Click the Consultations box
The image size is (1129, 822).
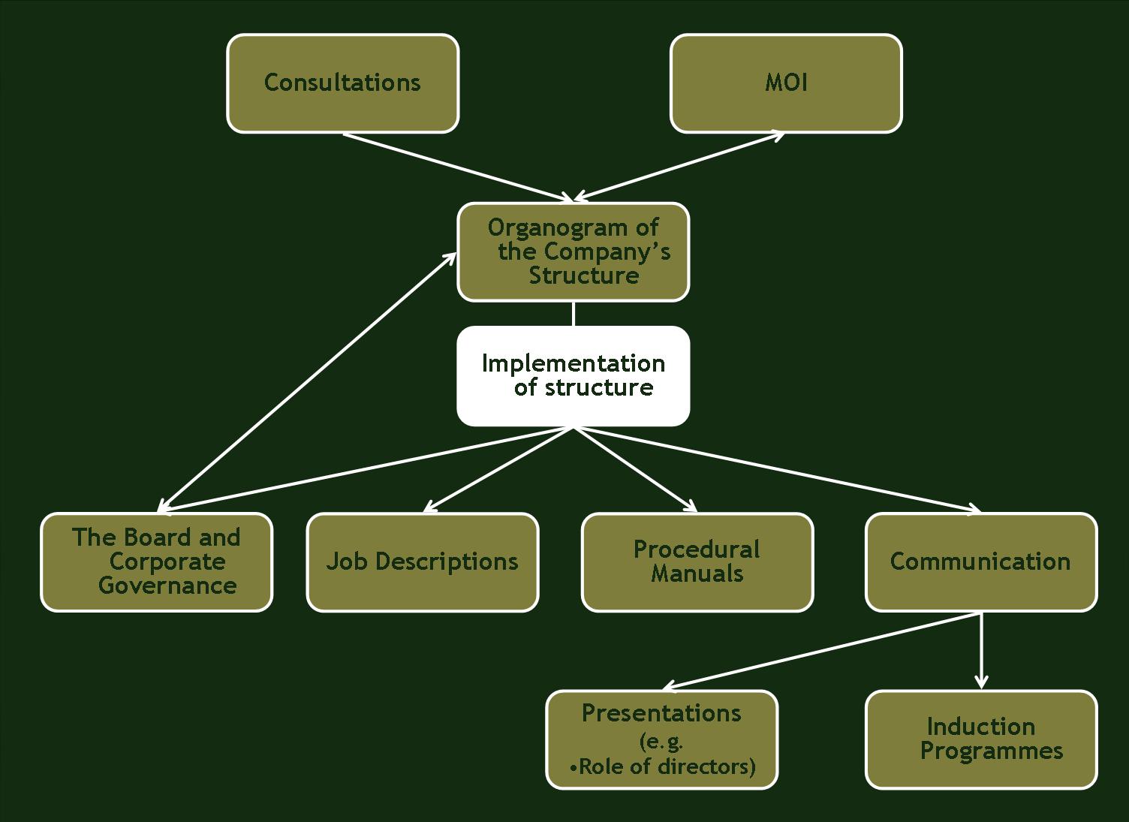point(342,83)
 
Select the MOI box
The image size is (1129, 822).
point(786,83)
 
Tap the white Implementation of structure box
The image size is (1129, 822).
point(573,376)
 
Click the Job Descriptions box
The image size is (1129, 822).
point(422,562)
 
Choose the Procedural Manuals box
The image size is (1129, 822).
point(697,562)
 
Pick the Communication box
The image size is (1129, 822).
point(980,562)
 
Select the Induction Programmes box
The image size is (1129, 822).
point(980,739)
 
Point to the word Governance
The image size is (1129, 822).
point(167,586)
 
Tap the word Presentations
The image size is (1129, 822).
point(661,713)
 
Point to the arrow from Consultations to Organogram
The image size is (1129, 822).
point(458,167)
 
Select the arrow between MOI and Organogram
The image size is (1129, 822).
point(679,167)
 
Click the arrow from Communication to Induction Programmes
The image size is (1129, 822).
point(980,650)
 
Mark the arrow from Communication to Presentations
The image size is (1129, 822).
point(822,650)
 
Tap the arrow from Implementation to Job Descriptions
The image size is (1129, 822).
point(499,470)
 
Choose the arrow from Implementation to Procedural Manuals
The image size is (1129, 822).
point(635,470)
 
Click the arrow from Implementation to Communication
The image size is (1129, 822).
point(777,470)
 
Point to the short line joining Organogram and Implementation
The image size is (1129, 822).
point(574,314)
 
